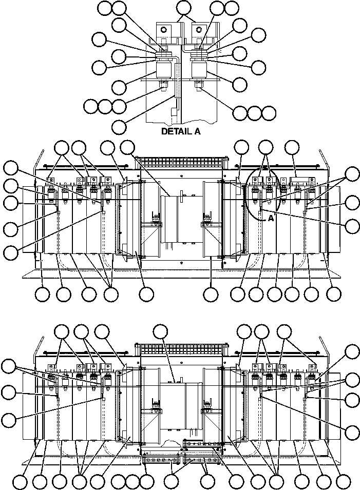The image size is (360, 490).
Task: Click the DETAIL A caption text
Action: click(181, 131)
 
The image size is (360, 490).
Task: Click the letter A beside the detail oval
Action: click(271, 218)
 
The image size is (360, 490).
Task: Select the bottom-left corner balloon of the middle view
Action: click(43, 295)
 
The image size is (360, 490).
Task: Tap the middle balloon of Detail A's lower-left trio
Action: click(105, 107)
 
